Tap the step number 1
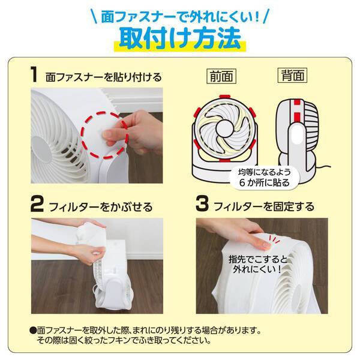(x=34, y=75)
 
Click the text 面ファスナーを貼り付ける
(x=103, y=77)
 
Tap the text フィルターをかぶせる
(x=101, y=207)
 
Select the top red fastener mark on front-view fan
(x=223, y=97)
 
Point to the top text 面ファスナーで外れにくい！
(x=180, y=13)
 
